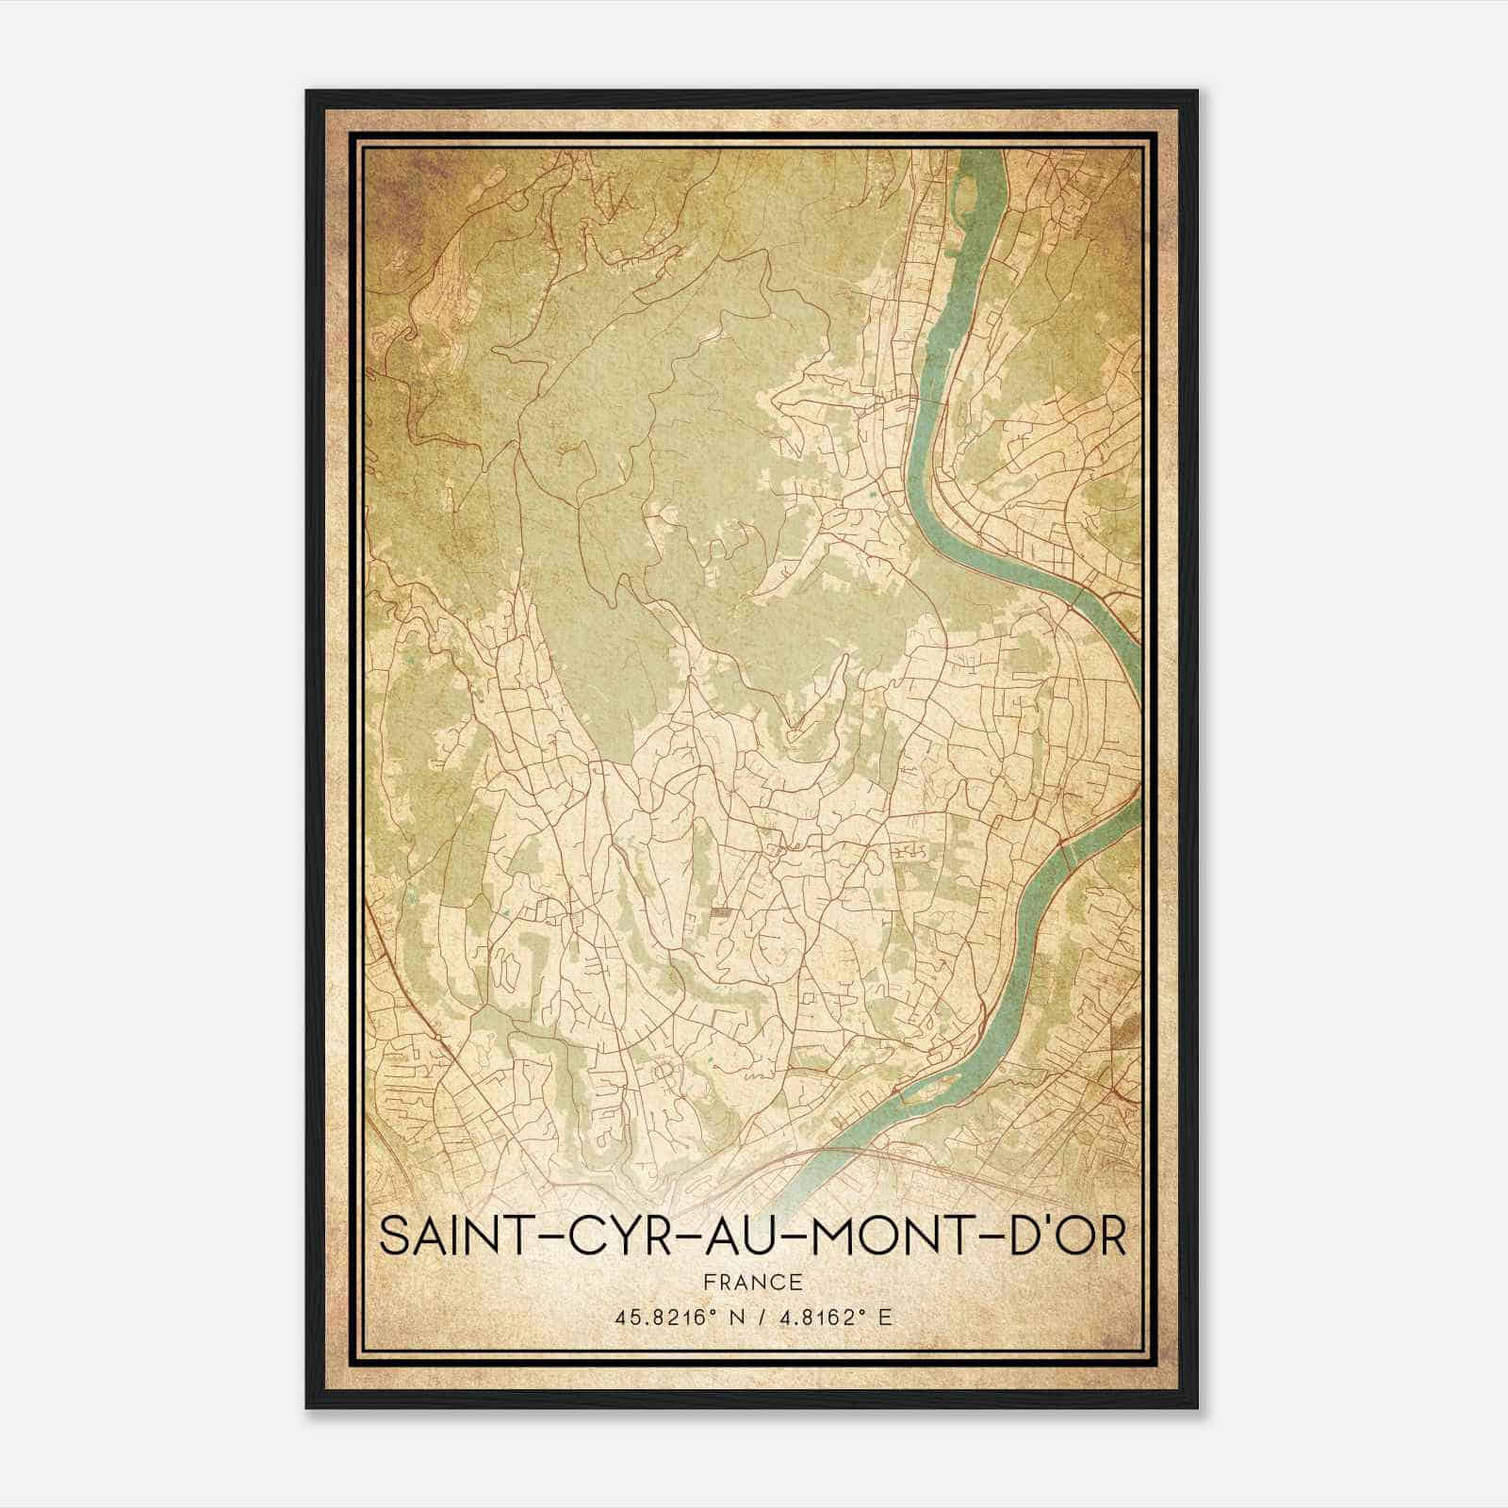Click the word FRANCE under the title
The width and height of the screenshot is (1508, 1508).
click(x=752, y=1283)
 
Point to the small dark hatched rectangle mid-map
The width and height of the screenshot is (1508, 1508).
click(x=720, y=911)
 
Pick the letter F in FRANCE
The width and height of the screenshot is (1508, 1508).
click(x=709, y=1283)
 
